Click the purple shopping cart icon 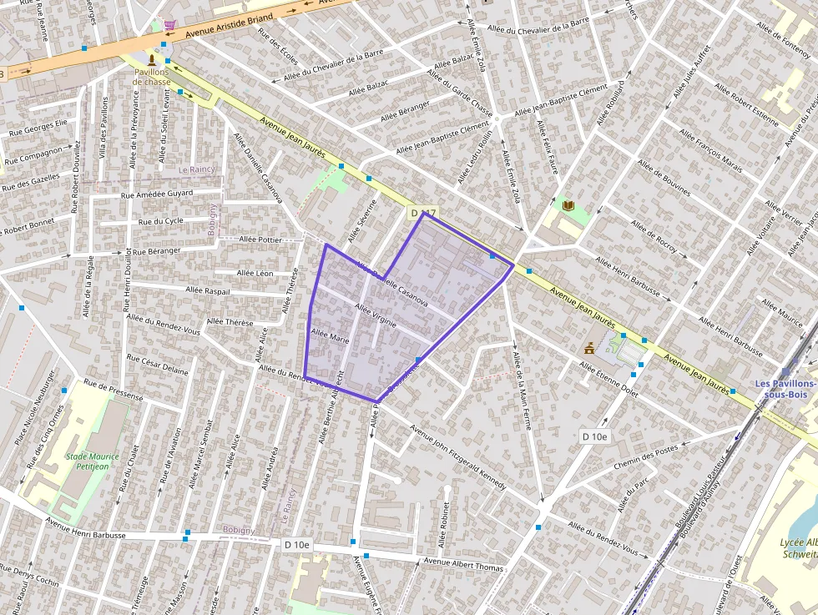170,25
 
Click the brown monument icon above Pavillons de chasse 151,60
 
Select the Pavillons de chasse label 152,77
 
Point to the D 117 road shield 423,214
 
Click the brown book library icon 568,205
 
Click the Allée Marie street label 330,338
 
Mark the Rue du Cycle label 161,221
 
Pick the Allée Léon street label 255,273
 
